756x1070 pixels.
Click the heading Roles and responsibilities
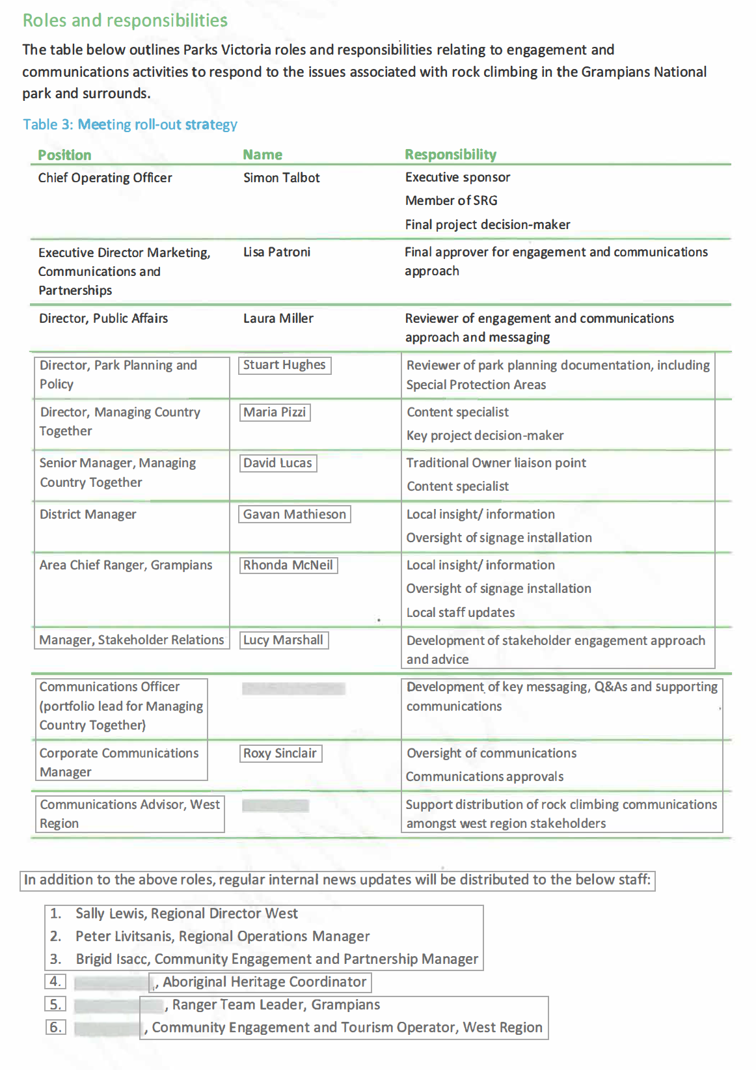pyautogui.click(x=125, y=21)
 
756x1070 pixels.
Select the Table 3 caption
pyautogui.click(x=130, y=124)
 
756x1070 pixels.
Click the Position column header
pyautogui.click(x=64, y=155)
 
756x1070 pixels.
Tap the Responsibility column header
pyautogui.click(x=450, y=154)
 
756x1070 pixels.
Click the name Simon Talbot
pyautogui.click(x=281, y=178)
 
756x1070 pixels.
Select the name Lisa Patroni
pyautogui.click(x=277, y=252)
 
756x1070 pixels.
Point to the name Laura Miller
pyautogui.click(x=278, y=318)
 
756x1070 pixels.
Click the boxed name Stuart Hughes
pyautogui.click(x=284, y=365)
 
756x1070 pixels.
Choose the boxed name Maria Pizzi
pyautogui.click(x=274, y=412)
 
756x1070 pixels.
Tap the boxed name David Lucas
pyautogui.click(x=277, y=463)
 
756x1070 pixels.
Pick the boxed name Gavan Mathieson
pyautogui.click(x=294, y=514)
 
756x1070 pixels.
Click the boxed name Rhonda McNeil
pyautogui.click(x=288, y=565)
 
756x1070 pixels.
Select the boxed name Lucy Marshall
pyautogui.click(x=283, y=640)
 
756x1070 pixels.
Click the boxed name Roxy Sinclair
pyautogui.click(x=280, y=753)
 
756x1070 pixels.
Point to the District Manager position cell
pyautogui.click(x=88, y=514)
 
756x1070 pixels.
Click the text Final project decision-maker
pyautogui.click(x=487, y=225)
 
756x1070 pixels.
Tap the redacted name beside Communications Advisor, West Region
pyautogui.click(x=275, y=806)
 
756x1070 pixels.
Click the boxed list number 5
pyautogui.click(x=55, y=1004)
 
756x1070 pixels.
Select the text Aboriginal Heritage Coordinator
pyautogui.click(x=264, y=981)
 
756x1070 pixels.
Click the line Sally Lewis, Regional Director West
pyautogui.click(x=187, y=913)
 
